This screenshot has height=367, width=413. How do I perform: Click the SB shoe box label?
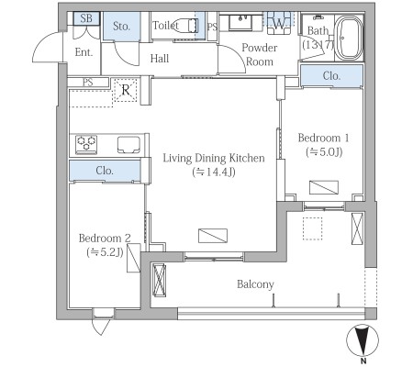coord(86,18)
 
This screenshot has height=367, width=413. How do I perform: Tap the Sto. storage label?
coord(121,26)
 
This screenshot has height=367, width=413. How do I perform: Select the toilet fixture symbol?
coord(187,25)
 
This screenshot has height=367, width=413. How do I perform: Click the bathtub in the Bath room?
coord(349,38)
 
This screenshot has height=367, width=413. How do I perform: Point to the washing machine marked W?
coord(279,23)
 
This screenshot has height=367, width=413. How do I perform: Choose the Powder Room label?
coord(260,55)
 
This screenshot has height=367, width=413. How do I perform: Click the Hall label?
coord(160,59)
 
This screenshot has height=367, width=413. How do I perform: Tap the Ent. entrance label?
coord(84,52)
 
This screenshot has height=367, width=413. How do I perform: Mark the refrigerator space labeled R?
coord(126,90)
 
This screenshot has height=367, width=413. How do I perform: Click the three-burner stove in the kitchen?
coord(86,144)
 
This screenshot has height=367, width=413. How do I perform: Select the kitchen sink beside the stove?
coord(128,144)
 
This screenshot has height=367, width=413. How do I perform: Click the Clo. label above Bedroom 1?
coord(331,75)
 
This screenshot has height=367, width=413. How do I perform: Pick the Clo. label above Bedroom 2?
coord(105,171)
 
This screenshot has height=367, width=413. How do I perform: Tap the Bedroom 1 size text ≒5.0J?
coord(324,152)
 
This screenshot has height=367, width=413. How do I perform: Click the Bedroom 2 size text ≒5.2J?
coord(105,252)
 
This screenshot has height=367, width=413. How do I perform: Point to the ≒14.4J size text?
coord(214,172)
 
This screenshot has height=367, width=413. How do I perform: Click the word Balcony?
coord(255,284)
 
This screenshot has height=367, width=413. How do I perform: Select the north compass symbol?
coord(363,340)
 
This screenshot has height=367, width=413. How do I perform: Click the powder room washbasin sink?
coord(240,23)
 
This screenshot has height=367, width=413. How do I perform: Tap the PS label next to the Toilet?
coord(212,27)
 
